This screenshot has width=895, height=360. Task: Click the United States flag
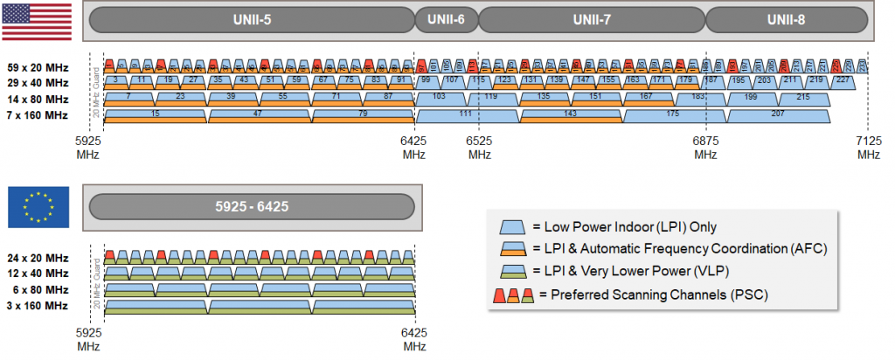point(37,20)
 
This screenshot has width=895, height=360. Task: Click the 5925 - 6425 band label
point(251,207)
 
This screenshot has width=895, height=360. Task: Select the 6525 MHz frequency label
point(479,148)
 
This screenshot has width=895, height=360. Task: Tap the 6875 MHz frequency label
point(706,148)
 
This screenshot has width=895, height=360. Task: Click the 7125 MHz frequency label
point(869,148)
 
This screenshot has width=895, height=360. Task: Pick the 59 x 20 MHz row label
point(38,66)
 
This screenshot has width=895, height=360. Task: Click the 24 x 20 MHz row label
point(38,258)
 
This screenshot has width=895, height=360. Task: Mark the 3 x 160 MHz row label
point(38,305)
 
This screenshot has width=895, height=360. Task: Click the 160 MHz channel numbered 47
point(258,114)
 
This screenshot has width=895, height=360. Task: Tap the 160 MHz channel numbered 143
point(571,114)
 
